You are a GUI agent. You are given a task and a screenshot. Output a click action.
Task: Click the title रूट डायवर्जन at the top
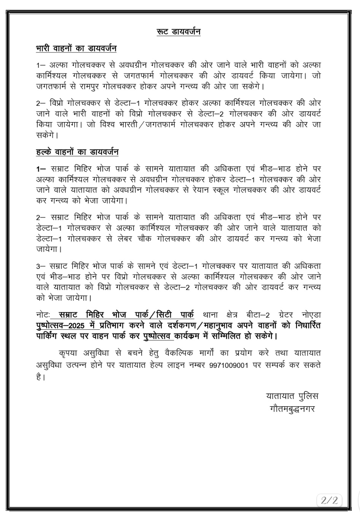click(x=178, y=32)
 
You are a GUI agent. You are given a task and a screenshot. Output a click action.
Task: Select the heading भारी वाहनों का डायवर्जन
click(x=76, y=49)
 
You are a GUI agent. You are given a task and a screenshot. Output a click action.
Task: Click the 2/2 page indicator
click(x=329, y=499)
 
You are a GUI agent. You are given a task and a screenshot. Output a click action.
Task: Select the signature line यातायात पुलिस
click(x=292, y=396)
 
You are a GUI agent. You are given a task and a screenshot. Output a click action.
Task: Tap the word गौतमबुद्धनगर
click(x=292, y=409)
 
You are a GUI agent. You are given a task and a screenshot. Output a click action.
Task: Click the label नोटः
click(x=42, y=315)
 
